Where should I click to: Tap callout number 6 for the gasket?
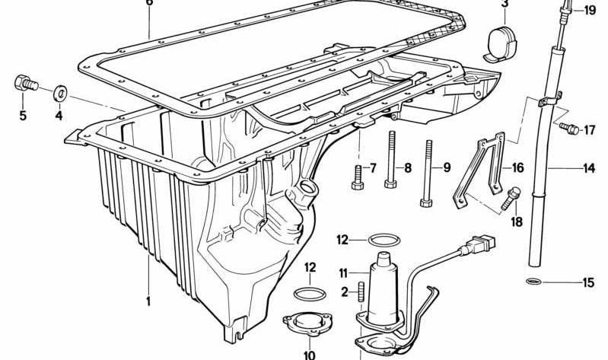click(x=149, y=3)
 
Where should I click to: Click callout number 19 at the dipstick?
click(x=590, y=10)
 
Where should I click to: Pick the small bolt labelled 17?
click(x=567, y=129)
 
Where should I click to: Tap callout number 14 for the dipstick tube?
click(x=589, y=168)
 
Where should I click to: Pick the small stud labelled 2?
click(x=362, y=292)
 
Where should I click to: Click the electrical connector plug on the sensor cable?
click(x=479, y=248)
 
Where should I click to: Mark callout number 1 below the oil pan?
click(x=149, y=301)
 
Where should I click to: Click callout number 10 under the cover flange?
click(x=310, y=354)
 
